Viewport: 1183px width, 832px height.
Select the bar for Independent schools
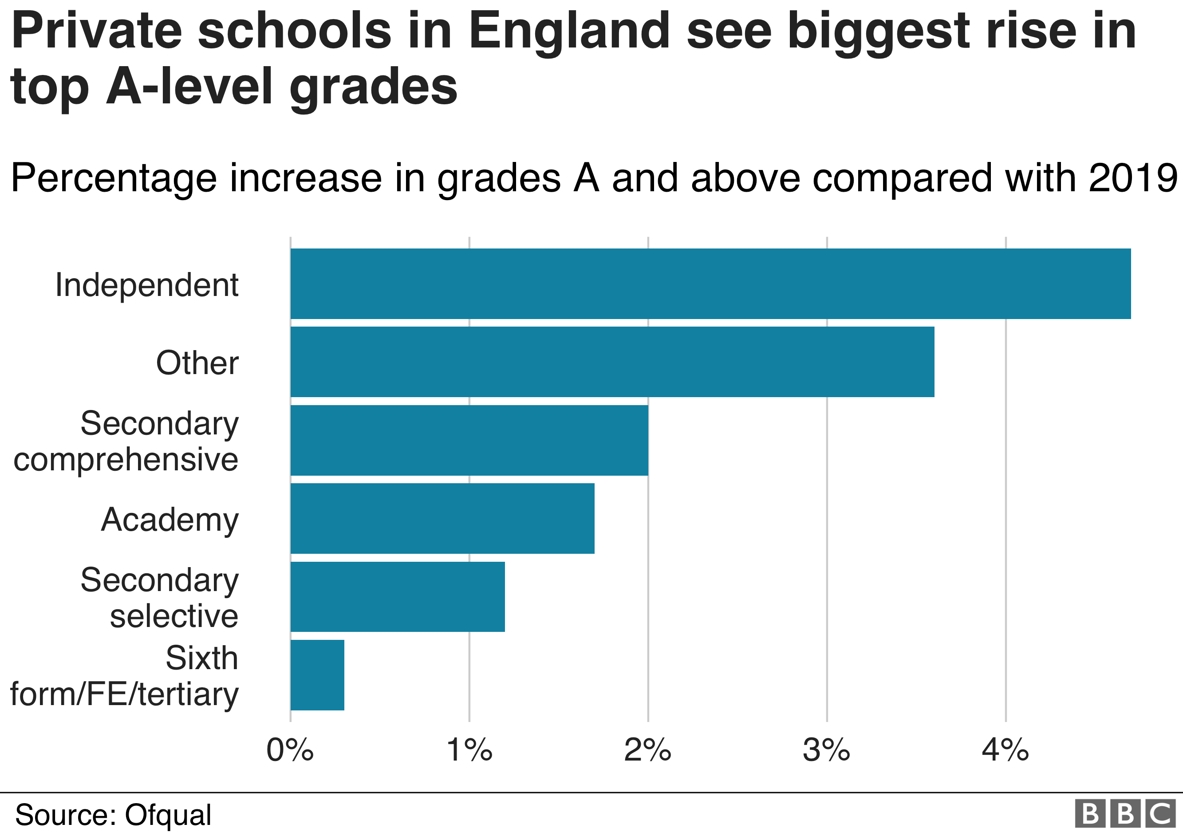[x=710, y=284]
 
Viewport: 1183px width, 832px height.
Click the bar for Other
[x=612, y=362]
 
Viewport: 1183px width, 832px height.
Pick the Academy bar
[x=442, y=518]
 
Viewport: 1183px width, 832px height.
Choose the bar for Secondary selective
[x=397, y=596]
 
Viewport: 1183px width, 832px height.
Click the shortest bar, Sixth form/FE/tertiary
[x=317, y=675]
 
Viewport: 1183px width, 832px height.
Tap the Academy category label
[x=170, y=519]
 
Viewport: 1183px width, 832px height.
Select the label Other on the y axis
[x=197, y=363]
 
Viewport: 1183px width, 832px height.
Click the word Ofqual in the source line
[x=168, y=815]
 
